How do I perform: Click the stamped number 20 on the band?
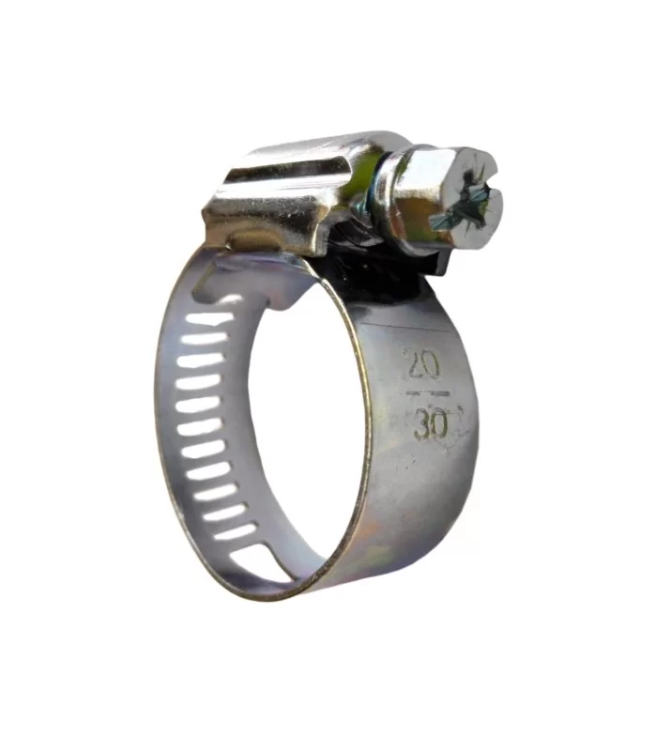click(422, 364)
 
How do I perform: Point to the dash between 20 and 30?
click(428, 394)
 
